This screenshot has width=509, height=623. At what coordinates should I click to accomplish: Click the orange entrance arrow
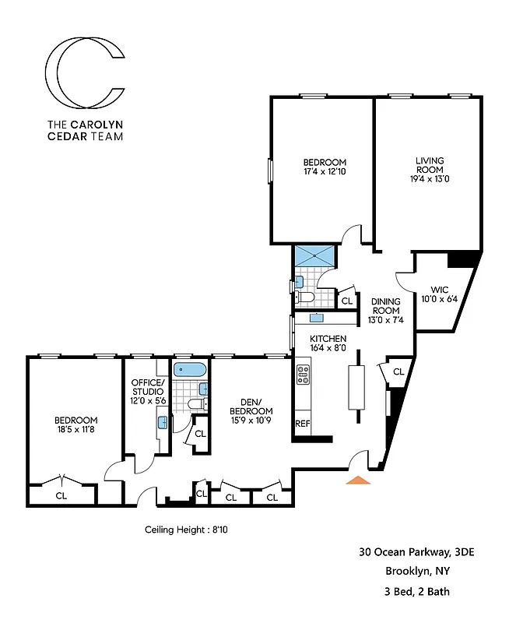tap(358, 480)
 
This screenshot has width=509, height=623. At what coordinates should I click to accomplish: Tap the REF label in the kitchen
tap(302, 424)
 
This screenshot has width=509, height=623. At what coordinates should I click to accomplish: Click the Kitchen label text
tap(328, 339)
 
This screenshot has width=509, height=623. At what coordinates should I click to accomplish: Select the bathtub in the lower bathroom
tap(189, 370)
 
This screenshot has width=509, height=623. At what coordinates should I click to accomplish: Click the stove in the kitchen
tap(303, 375)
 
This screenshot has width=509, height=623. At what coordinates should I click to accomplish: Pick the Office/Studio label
tap(147, 386)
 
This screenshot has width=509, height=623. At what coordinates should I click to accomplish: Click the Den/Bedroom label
tap(251, 407)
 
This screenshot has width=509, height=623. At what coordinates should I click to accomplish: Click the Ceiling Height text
tap(186, 530)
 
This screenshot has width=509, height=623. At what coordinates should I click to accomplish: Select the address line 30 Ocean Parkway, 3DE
tap(416, 553)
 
